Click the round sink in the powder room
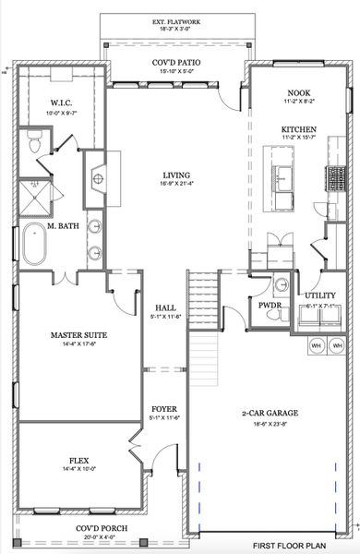pyautogui.click(x=282, y=285)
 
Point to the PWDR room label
pyautogui.click(x=270, y=304)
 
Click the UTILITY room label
pyautogui.click(x=320, y=295)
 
